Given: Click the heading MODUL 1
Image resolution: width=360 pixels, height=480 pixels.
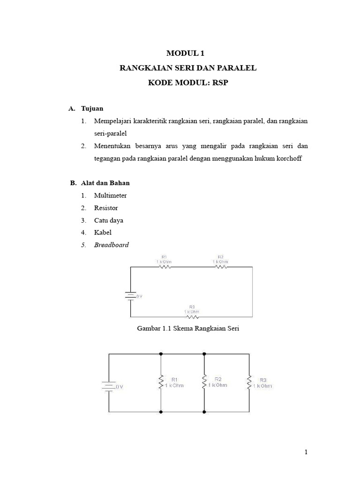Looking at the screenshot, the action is pyautogui.click(x=188, y=53).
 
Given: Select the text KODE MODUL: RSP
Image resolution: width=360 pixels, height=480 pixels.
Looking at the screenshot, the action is pyautogui.click(x=188, y=83).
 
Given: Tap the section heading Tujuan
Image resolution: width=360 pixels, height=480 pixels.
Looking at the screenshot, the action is pyautogui.click(x=92, y=108).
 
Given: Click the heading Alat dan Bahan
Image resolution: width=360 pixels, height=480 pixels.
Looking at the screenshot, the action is pyautogui.click(x=105, y=183).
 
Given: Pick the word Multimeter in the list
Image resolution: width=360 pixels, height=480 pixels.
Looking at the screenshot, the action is pyautogui.click(x=110, y=195).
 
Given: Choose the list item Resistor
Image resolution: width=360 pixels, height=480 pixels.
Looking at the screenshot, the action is pyautogui.click(x=106, y=208).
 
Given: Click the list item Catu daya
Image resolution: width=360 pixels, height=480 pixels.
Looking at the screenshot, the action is pyautogui.click(x=108, y=220).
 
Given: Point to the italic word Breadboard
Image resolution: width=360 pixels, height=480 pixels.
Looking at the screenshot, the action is pyautogui.click(x=112, y=245).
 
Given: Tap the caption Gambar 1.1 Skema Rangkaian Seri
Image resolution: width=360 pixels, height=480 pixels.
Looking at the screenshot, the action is pyautogui.click(x=188, y=329).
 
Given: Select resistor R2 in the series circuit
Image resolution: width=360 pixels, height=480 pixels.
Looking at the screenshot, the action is pyautogui.click(x=221, y=267).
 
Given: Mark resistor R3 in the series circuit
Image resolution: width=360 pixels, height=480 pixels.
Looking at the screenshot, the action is pyautogui.click(x=191, y=316).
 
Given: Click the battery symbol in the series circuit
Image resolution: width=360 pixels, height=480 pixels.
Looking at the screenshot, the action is pyautogui.click(x=130, y=296).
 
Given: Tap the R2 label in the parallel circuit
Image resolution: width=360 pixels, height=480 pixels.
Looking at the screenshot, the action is pyautogui.click(x=217, y=379).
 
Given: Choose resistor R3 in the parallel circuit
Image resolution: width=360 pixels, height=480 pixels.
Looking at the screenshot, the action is pyautogui.click(x=249, y=382).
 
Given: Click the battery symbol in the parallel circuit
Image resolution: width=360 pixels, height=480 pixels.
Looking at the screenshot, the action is pyautogui.click(x=109, y=386).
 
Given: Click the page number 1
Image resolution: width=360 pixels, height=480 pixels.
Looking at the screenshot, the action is pyautogui.click(x=306, y=452).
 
